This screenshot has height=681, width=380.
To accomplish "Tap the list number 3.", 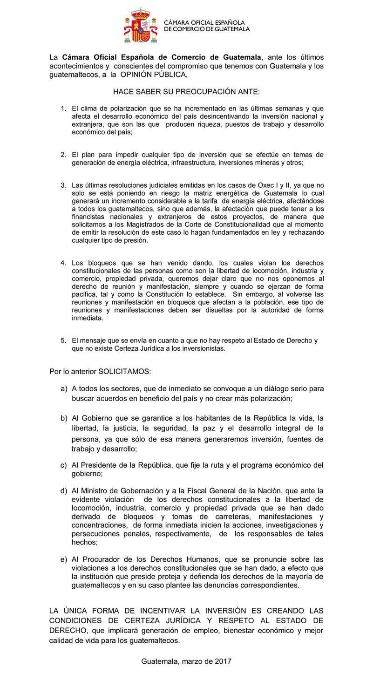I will [x=63, y=185].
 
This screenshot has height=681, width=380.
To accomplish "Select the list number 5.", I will [x=63, y=340].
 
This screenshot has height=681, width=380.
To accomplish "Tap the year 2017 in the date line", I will [x=223, y=661].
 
